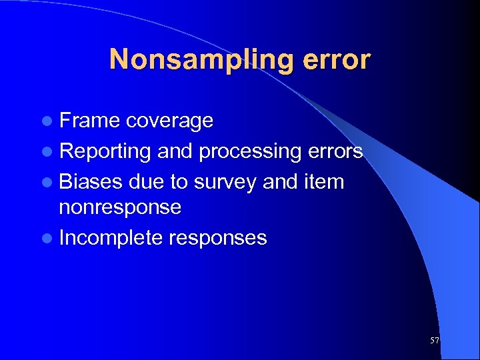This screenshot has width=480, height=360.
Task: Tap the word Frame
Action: click(x=89, y=121)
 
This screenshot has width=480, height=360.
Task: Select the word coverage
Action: click(x=169, y=121)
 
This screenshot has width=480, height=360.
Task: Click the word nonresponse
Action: click(x=120, y=207)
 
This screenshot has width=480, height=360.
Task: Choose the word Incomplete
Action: click(x=111, y=238)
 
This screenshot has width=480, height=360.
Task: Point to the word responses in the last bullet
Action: click(x=217, y=239)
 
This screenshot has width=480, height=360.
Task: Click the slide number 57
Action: click(x=435, y=341)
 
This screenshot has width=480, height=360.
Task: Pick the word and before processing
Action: click(x=175, y=151)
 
